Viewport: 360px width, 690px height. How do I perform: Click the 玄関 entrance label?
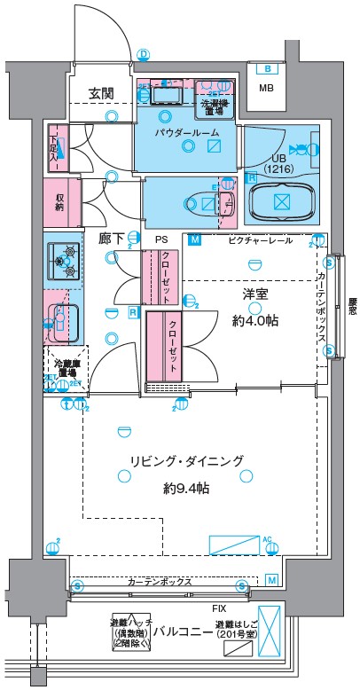click(99, 92)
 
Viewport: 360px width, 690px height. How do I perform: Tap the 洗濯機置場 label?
click(214, 106)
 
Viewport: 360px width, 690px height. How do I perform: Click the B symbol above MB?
click(265, 68)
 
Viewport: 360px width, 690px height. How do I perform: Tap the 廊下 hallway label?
click(111, 239)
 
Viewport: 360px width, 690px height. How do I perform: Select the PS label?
click(160, 239)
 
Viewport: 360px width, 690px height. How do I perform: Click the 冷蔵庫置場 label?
click(63, 366)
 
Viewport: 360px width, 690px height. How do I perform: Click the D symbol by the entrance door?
click(143, 54)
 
